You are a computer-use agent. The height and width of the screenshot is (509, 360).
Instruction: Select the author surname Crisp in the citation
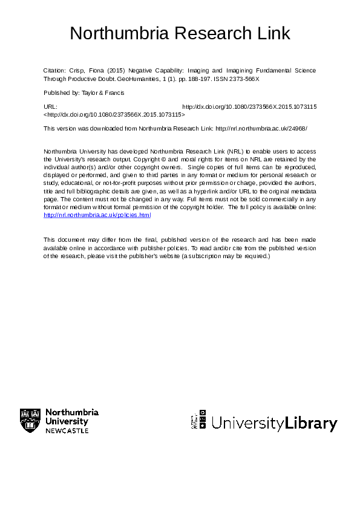[76, 71]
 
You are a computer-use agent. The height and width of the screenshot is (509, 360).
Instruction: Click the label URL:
[51, 106]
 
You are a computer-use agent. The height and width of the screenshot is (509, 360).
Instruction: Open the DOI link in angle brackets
[114, 114]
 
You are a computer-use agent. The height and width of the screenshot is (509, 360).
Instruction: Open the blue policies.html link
[97, 215]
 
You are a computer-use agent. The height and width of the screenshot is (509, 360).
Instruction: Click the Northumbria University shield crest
[30, 420]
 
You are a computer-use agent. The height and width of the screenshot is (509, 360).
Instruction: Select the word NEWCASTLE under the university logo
[67, 430]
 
